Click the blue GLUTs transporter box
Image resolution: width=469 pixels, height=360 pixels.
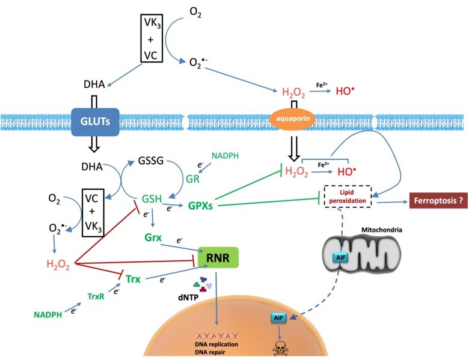[x=94, y=120]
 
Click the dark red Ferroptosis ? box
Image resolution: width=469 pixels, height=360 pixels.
[x=438, y=202]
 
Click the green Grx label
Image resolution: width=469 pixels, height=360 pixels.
[x=153, y=237]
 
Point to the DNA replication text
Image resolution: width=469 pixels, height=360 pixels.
[x=216, y=343]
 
